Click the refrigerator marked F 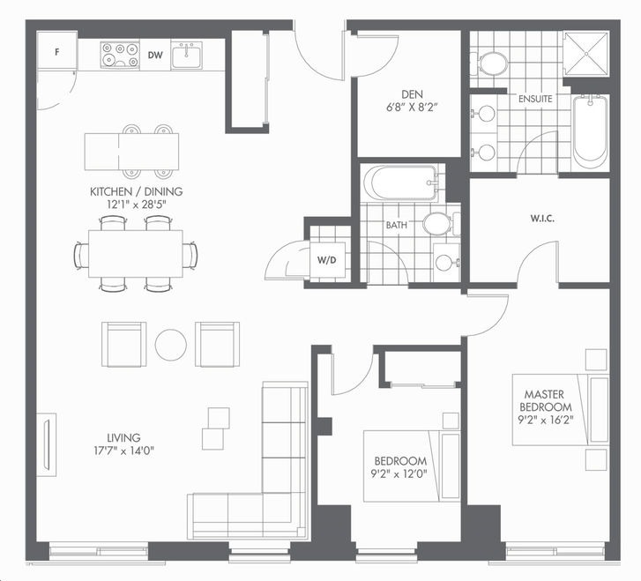pos(56,52)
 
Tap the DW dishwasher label pos(155,56)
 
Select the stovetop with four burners pos(119,55)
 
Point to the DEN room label pos(412,95)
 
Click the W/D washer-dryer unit pos(327,259)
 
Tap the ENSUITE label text pos(535,99)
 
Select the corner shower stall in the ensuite pos(586,54)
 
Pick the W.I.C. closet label pos(542,219)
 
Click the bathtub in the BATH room pos(399,182)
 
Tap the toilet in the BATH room pos(442,224)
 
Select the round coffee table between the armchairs pos(171,345)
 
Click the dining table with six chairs pos(136,254)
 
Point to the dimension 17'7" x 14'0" pos(123,451)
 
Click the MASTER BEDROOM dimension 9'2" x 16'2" pos(546,420)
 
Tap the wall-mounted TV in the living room pos(47,445)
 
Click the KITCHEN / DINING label pos(136,191)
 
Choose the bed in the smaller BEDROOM pos(412,466)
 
